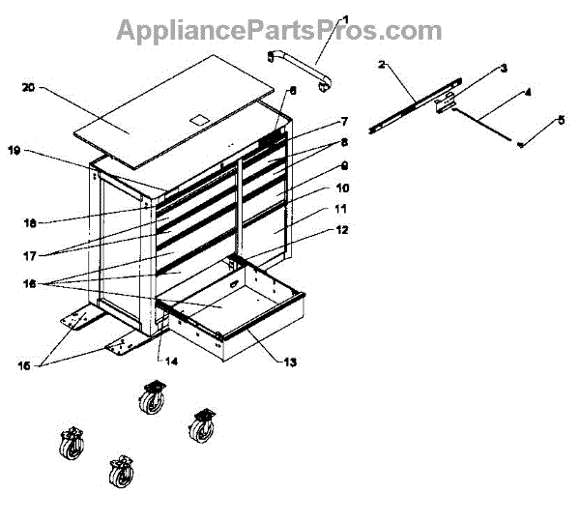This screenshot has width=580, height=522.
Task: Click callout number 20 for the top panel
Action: (27, 88)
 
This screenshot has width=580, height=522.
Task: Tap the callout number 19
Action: (14, 151)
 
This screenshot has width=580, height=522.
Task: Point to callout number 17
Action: (30, 256)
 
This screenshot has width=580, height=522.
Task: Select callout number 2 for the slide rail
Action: (382, 64)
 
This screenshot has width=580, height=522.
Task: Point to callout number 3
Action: (503, 70)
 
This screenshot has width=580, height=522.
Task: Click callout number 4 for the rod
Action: (527, 94)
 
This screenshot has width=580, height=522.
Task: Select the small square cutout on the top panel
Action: (199, 118)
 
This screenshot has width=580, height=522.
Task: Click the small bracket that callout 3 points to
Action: (446, 103)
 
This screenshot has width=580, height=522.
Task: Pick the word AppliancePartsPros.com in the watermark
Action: (279, 31)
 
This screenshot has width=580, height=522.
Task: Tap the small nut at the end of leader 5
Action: (521, 144)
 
